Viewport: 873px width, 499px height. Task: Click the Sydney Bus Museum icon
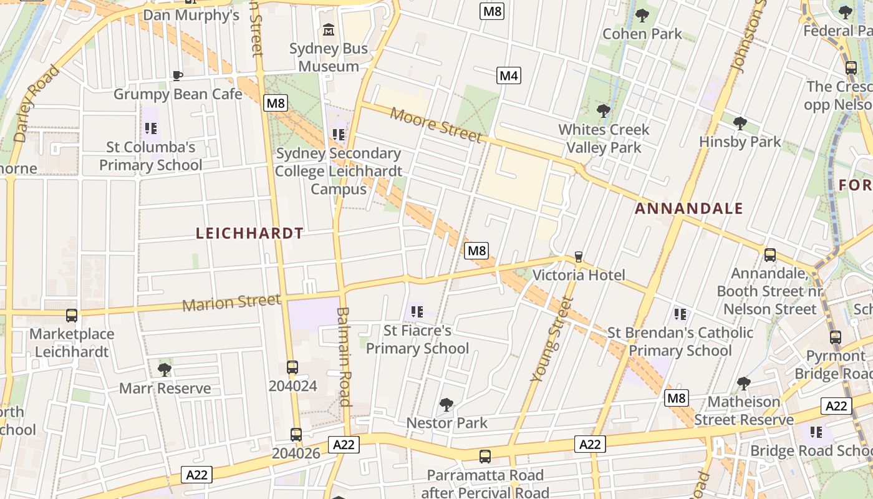[329, 29]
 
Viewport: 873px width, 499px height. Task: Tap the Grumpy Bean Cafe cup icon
[178, 76]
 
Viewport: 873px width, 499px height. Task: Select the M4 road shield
[509, 76]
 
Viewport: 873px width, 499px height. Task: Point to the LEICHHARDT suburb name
[249, 233]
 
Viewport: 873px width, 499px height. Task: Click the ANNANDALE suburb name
[689, 208]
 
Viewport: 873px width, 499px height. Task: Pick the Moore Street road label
[436, 124]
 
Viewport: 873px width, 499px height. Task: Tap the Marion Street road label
[231, 303]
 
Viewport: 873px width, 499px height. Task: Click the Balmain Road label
[344, 356]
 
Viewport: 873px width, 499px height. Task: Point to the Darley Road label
[37, 103]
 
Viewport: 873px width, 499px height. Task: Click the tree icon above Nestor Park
[446, 404]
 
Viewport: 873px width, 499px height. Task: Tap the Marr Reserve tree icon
[165, 369]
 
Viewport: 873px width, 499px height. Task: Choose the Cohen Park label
[642, 34]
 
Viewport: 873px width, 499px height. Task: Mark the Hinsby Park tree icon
[740, 123]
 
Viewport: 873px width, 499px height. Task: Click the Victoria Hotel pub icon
[578, 256]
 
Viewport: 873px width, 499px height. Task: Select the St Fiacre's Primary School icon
[417, 311]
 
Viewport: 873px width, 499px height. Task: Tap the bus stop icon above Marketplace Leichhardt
[72, 316]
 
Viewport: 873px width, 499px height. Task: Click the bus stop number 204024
[292, 385]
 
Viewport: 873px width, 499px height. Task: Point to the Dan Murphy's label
[191, 14]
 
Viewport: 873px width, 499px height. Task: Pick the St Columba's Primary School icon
[150, 129]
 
